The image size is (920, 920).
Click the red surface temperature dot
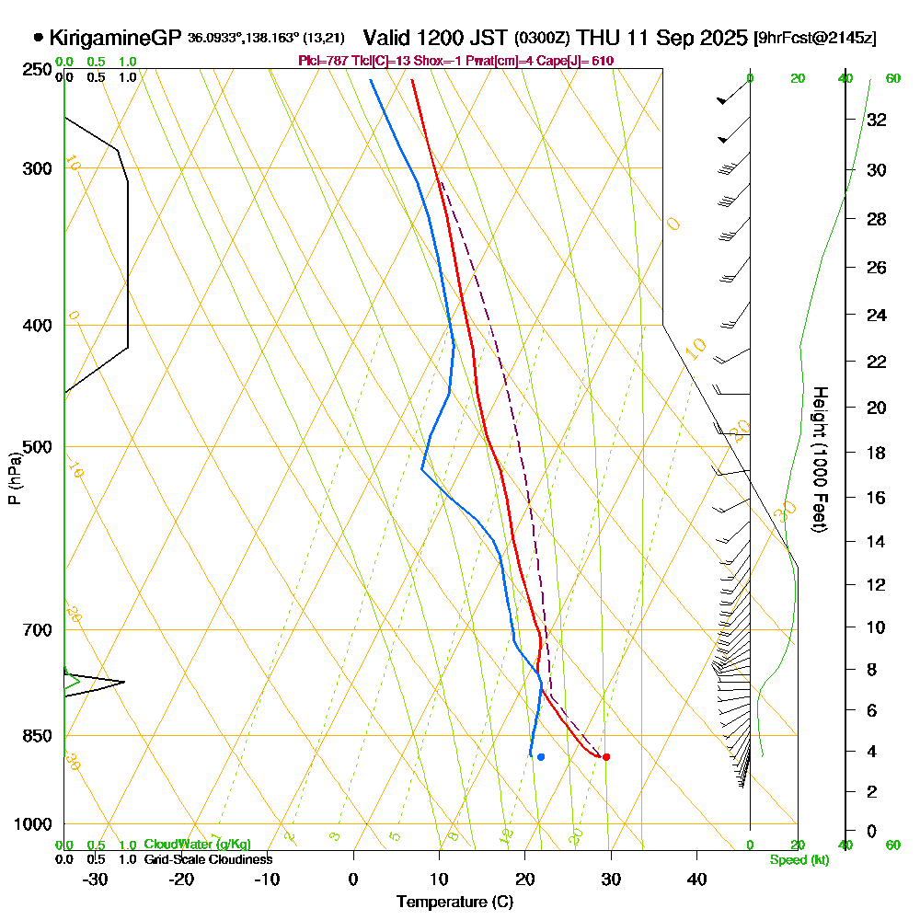[605, 757]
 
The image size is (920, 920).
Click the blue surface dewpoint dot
[541, 757]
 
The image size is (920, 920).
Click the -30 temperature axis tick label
[95, 880]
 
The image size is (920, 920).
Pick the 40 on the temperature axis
[697, 880]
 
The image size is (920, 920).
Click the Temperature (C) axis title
[454, 903]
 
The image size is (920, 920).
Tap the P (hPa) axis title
[14, 478]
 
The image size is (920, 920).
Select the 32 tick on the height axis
[876, 120]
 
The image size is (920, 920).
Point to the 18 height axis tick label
[876, 453]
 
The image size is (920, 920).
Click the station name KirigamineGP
[116, 39]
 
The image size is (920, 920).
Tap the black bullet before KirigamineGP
[38, 39]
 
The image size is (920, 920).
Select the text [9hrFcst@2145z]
[814, 39]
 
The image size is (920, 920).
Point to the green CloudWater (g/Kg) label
[197, 845]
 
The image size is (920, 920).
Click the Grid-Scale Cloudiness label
[208, 859]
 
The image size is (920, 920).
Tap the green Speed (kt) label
[799, 860]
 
